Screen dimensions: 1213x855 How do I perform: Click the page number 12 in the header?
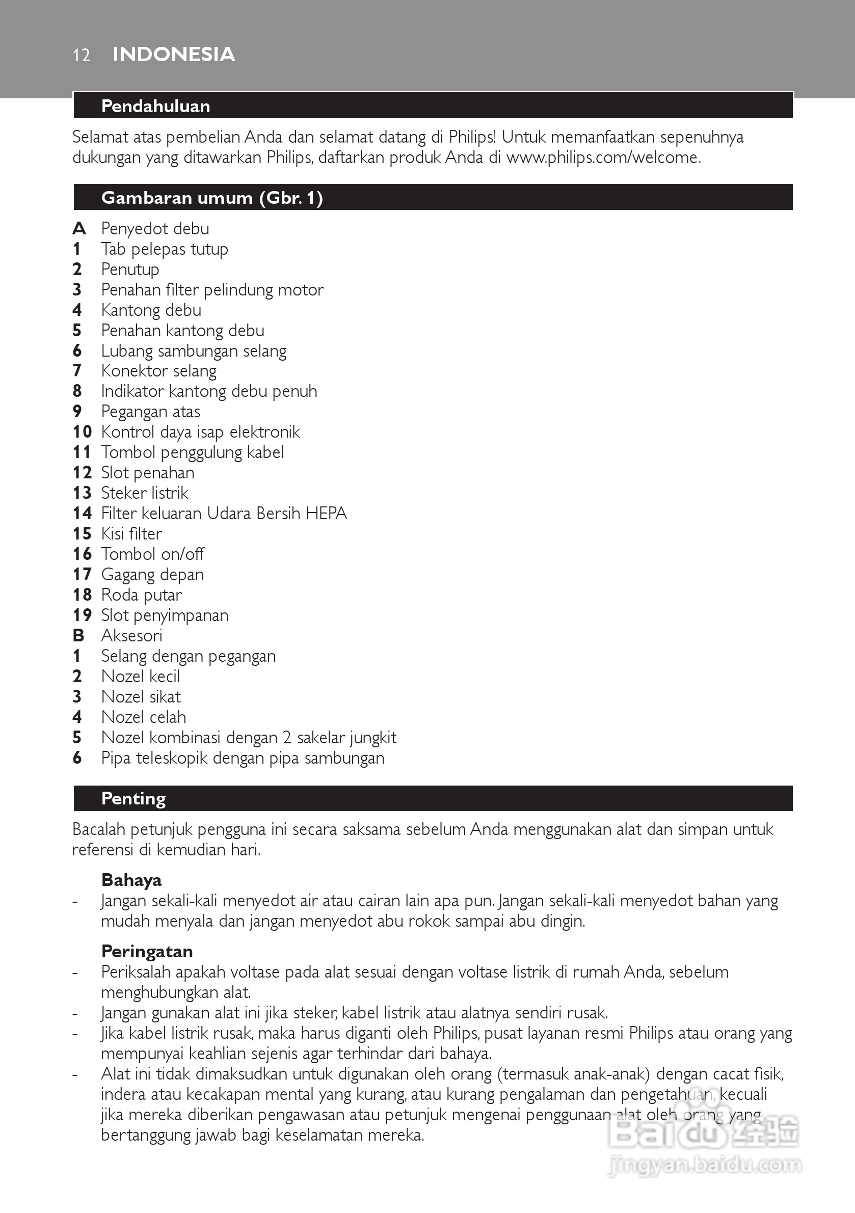(82, 55)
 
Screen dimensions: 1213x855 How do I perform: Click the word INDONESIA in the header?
(174, 55)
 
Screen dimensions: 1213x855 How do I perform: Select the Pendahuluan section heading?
(156, 106)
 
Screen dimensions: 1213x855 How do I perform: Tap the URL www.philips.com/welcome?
(603, 157)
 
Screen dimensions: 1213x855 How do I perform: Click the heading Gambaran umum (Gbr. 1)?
(212, 198)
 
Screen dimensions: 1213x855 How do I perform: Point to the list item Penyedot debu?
(155, 228)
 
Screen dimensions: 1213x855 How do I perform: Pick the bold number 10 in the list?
(82, 432)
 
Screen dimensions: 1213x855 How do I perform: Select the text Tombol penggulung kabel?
(192, 452)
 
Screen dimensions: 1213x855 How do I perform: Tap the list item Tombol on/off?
(153, 554)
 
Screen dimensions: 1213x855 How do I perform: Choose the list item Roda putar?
(142, 595)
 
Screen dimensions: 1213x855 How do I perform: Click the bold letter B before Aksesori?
(78, 636)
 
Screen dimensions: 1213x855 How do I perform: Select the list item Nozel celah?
(144, 717)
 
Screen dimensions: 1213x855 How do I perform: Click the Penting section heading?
(133, 798)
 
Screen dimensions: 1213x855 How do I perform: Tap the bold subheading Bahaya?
(131, 880)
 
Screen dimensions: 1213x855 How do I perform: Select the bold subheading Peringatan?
(147, 952)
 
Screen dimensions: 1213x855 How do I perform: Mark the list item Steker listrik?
(145, 493)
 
